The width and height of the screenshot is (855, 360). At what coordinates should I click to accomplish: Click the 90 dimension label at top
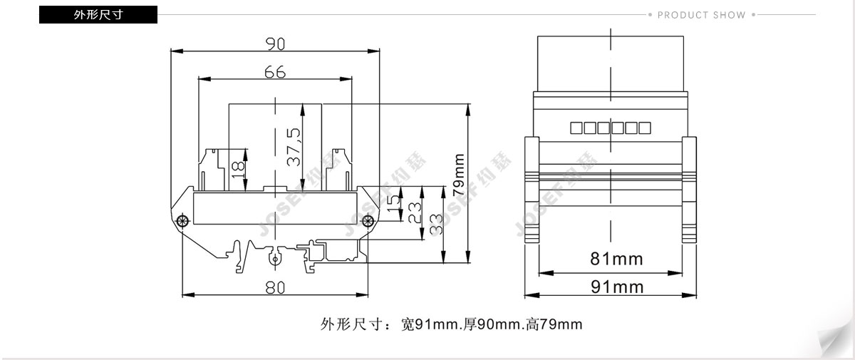275,44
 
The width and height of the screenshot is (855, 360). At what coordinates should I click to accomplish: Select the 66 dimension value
275,72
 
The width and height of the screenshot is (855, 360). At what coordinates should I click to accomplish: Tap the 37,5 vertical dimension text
294,147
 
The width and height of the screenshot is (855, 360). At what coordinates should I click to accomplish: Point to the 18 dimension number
238,170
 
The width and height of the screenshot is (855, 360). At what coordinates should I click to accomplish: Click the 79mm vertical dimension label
458,175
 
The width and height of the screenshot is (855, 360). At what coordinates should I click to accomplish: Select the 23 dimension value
415,212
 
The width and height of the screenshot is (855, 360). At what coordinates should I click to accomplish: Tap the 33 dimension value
436,224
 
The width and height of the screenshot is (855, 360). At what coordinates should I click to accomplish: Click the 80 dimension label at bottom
275,287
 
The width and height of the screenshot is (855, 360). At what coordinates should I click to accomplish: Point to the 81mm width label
616,259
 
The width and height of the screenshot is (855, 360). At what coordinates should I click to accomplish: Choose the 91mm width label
617,287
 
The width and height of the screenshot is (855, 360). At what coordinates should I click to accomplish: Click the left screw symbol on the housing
182,221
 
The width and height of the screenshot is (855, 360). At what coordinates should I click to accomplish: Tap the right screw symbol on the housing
368,221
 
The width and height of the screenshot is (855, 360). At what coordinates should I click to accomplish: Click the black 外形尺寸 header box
98,14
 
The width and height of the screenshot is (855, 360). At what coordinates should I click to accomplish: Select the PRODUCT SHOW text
702,15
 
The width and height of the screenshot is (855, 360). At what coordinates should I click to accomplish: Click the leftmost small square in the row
576,128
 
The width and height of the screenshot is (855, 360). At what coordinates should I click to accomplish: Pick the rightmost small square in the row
645,128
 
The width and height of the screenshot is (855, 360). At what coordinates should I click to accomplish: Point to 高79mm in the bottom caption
554,324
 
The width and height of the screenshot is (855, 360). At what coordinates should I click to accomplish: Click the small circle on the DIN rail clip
274,259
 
